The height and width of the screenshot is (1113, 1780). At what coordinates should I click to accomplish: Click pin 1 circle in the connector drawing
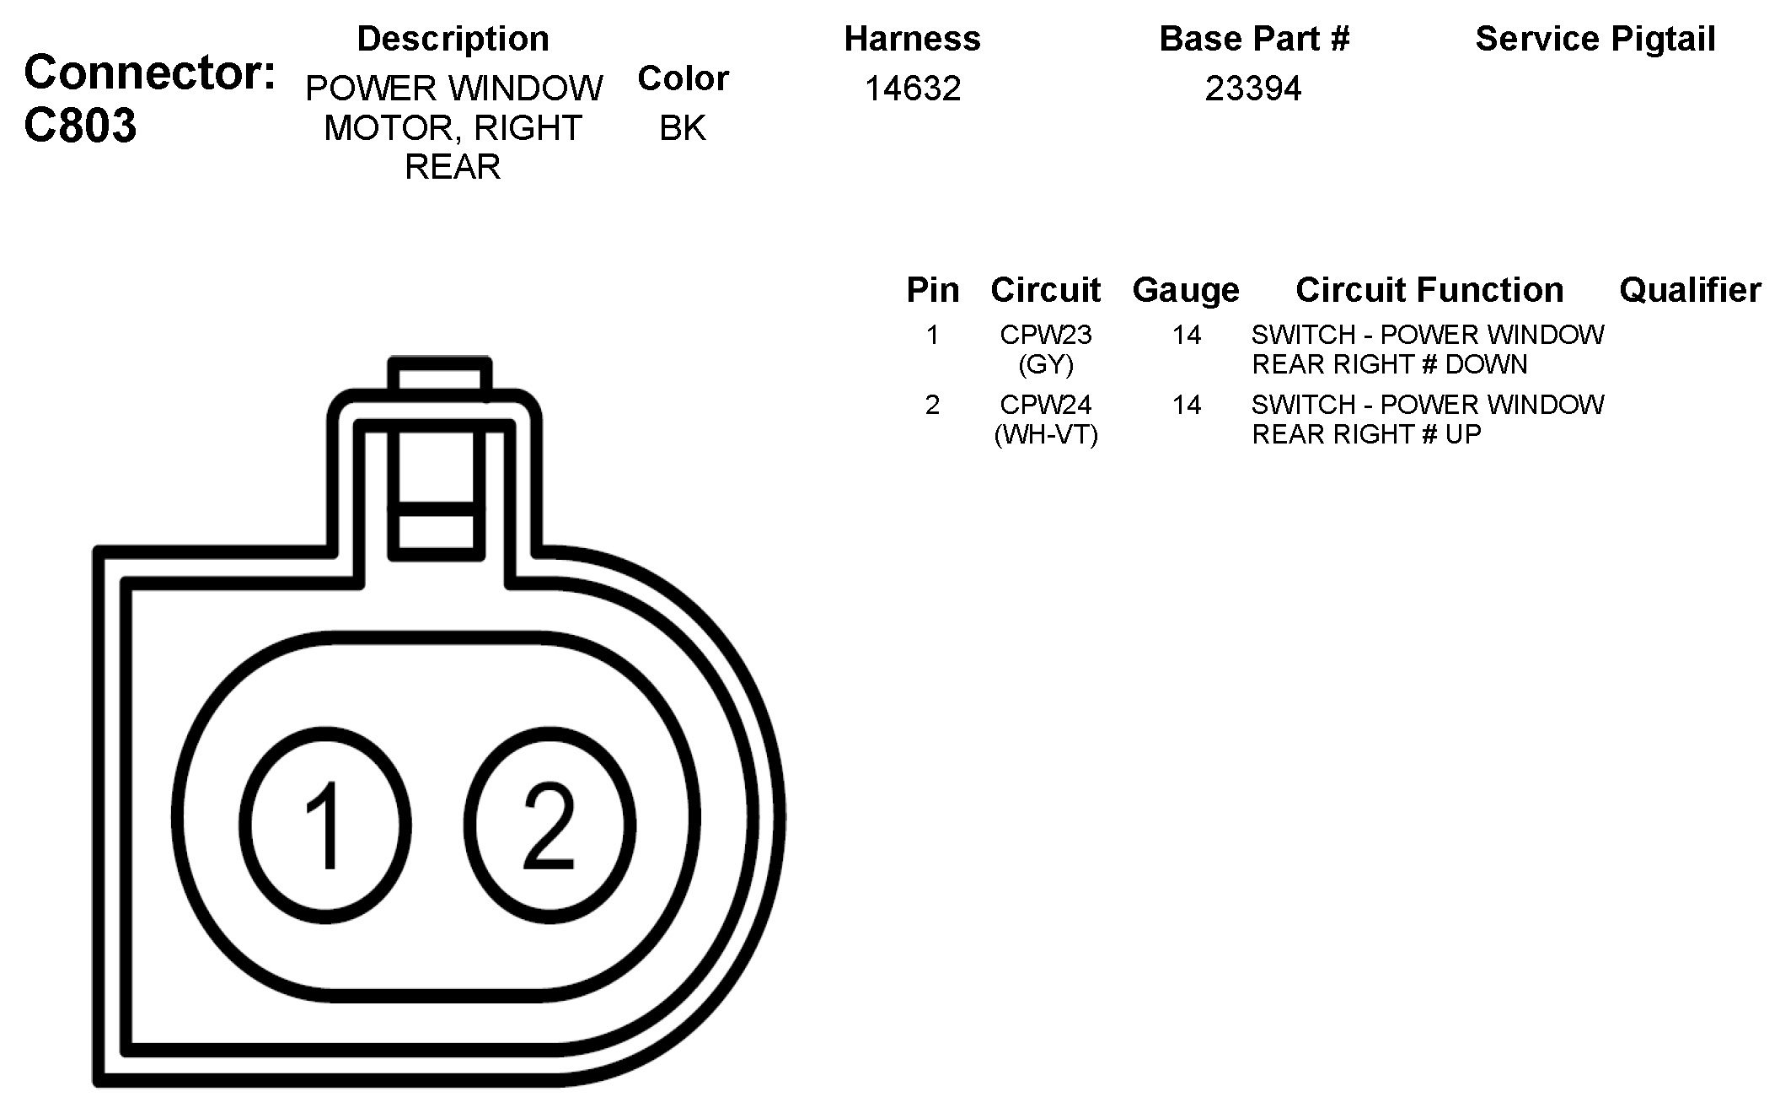[x=325, y=824]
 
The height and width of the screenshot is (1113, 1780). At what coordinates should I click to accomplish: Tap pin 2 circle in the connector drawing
[x=549, y=824]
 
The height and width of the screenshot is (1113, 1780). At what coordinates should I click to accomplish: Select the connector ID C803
[x=80, y=126]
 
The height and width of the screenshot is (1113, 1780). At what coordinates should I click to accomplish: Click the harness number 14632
[x=913, y=89]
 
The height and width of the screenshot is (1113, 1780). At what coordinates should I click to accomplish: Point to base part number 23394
[x=1253, y=89]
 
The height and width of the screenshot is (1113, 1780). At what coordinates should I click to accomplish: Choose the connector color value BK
[x=683, y=128]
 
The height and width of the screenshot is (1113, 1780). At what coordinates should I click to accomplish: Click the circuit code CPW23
[x=1046, y=335]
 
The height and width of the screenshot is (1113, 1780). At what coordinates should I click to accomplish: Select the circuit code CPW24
[x=1046, y=405]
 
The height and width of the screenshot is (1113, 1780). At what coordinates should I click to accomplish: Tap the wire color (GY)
[x=1046, y=364]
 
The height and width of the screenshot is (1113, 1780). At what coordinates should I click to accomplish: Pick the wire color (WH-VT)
[x=1046, y=434]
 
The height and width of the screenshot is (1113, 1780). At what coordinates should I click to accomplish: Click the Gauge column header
[x=1186, y=290]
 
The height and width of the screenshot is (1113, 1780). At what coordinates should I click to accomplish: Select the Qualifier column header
[x=1690, y=290]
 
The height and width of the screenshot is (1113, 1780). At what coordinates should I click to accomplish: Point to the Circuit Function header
[x=1429, y=290]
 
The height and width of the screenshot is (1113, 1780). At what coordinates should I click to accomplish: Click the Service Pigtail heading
[x=1595, y=39]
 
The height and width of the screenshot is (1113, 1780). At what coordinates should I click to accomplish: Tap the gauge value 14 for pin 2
[x=1186, y=405]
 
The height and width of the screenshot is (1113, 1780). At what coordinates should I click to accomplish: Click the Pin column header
[x=932, y=290]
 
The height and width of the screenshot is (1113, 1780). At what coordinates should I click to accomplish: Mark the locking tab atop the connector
[x=438, y=460]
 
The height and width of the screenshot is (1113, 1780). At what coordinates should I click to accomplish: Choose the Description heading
[x=453, y=39]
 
